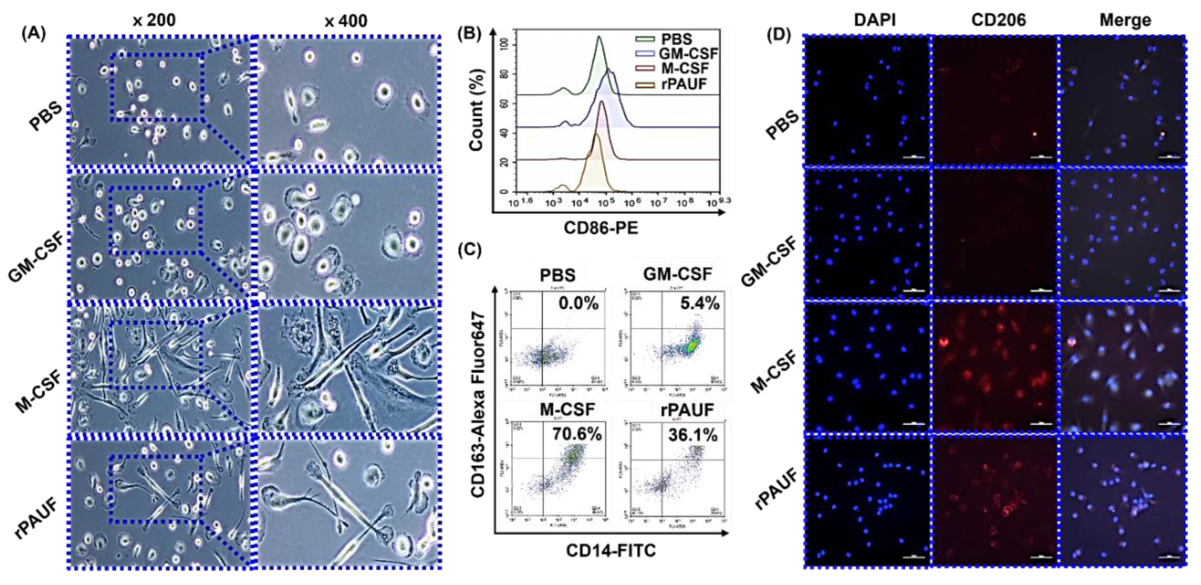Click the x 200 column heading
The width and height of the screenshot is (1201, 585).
pyautogui.click(x=154, y=20)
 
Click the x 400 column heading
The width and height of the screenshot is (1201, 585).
pyautogui.click(x=346, y=20)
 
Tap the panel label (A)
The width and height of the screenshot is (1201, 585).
pyautogui.click(x=33, y=33)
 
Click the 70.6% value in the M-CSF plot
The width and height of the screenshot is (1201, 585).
pyautogui.click(x=577, y=434)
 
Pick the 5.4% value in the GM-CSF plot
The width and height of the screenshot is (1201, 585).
pyautogui.click(x=699, y=304)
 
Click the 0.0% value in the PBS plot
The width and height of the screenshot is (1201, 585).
pyautogui.click(x=579, y=304)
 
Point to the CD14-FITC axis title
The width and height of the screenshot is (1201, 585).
pyautogui.click(x=611, y=551)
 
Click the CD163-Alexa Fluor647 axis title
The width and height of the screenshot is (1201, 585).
pyautogui.click(x=478, y=404)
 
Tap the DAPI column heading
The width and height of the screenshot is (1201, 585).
pyautogui.click(x=874, y=20)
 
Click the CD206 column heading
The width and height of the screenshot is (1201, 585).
pyautogui.click(x=998, y=20)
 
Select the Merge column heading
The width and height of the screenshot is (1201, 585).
pyautogui.click(x=1125, y=20)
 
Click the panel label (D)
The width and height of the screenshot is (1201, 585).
pyautogui.click(x=779, y=35)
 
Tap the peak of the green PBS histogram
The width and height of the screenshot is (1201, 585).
pyautogui.click(x=599, y=36)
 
